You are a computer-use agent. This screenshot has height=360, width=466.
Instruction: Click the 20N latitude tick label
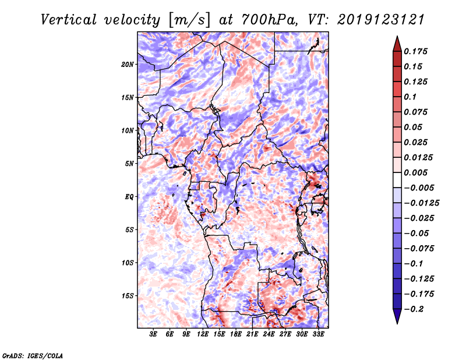pos(127,65)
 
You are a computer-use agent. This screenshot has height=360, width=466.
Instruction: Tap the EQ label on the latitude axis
pos(129,197)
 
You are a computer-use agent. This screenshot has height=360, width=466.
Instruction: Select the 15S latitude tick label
pos(128,296)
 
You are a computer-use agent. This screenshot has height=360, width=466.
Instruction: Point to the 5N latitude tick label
pos(129,164)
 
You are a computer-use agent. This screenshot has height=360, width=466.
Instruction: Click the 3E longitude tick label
pos(153,334)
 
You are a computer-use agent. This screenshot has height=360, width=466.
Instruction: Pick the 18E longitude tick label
pos(236,334)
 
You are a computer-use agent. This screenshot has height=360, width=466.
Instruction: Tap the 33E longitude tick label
pos(318,334)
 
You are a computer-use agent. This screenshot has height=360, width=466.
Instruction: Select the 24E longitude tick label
pos(269,334)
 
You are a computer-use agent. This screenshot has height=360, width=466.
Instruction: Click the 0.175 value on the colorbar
pos(415,51)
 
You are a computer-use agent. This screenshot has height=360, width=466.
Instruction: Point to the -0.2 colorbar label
pos(414,309)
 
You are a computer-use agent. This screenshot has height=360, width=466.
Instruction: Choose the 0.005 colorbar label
pos(415,172)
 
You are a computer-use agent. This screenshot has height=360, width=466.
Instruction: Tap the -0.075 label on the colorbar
pos(419,249)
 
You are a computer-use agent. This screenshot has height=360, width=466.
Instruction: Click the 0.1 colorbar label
pos(410,97)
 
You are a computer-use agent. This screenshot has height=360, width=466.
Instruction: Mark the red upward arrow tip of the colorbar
pos(397,37)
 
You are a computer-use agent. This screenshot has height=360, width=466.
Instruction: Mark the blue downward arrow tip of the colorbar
pos(397,323)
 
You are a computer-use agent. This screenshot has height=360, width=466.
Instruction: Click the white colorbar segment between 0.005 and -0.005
pos(397,180)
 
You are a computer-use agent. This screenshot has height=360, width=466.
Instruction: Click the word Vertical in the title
pos(69,20)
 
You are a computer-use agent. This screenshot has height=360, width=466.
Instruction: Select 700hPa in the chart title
pos(269,20)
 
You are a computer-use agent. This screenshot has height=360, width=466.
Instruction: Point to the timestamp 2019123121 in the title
pos(381,20)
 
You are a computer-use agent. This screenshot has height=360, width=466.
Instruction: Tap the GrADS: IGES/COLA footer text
pos(33,356)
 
